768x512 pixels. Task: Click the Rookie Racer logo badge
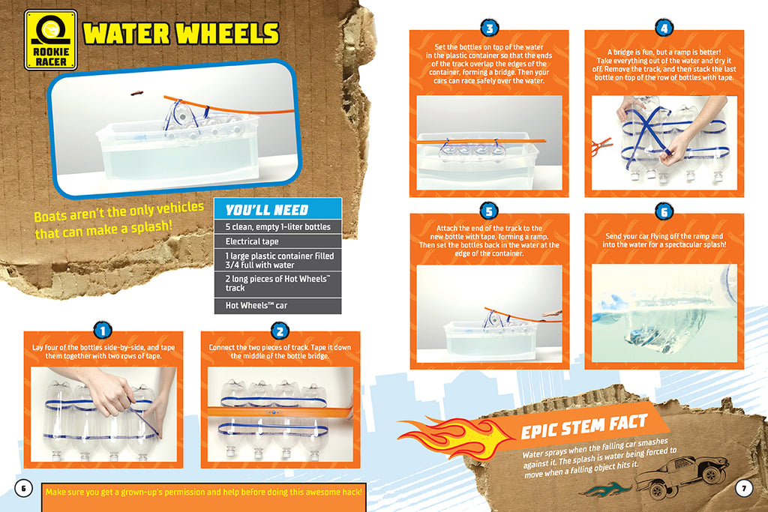pos(51,40)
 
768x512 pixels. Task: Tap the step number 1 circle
pos(103,331)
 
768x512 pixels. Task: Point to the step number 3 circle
pos(489,29)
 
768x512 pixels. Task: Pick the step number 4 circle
pos(664,29)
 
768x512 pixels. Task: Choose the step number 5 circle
pos(489,212)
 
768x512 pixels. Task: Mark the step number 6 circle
pos(664,212)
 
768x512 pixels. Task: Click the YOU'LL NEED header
pos(267,210)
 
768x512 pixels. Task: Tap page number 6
pos(23,488)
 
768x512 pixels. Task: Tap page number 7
pos(743,488)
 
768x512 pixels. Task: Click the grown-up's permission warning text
pos(204,492)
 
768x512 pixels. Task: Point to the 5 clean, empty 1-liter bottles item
pos(277,226)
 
